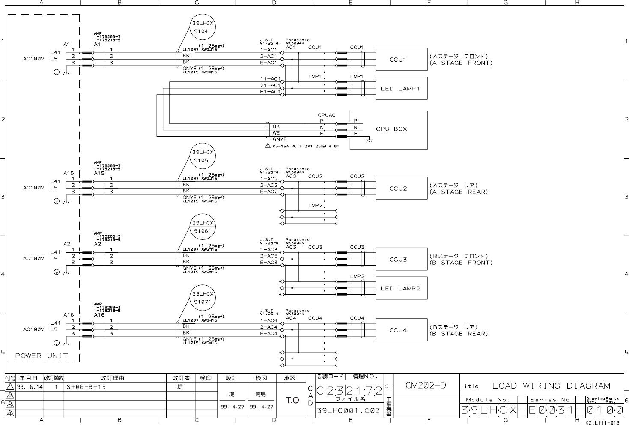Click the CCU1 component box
[401, 60]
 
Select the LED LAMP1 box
[401, 89]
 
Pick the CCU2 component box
[401, 189]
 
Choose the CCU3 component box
[401, 259]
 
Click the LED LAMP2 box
[401, 288]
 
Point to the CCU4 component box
[401, 330]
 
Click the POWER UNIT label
[42, 356]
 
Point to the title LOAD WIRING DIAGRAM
[551, 386]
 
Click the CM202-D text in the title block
[426, 386]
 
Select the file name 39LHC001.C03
[348, 410]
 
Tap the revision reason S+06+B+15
[86, 387]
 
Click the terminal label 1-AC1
[268, 50]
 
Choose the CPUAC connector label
[326, 115]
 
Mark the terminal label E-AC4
[268, 333]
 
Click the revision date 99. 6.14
[30, 387]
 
